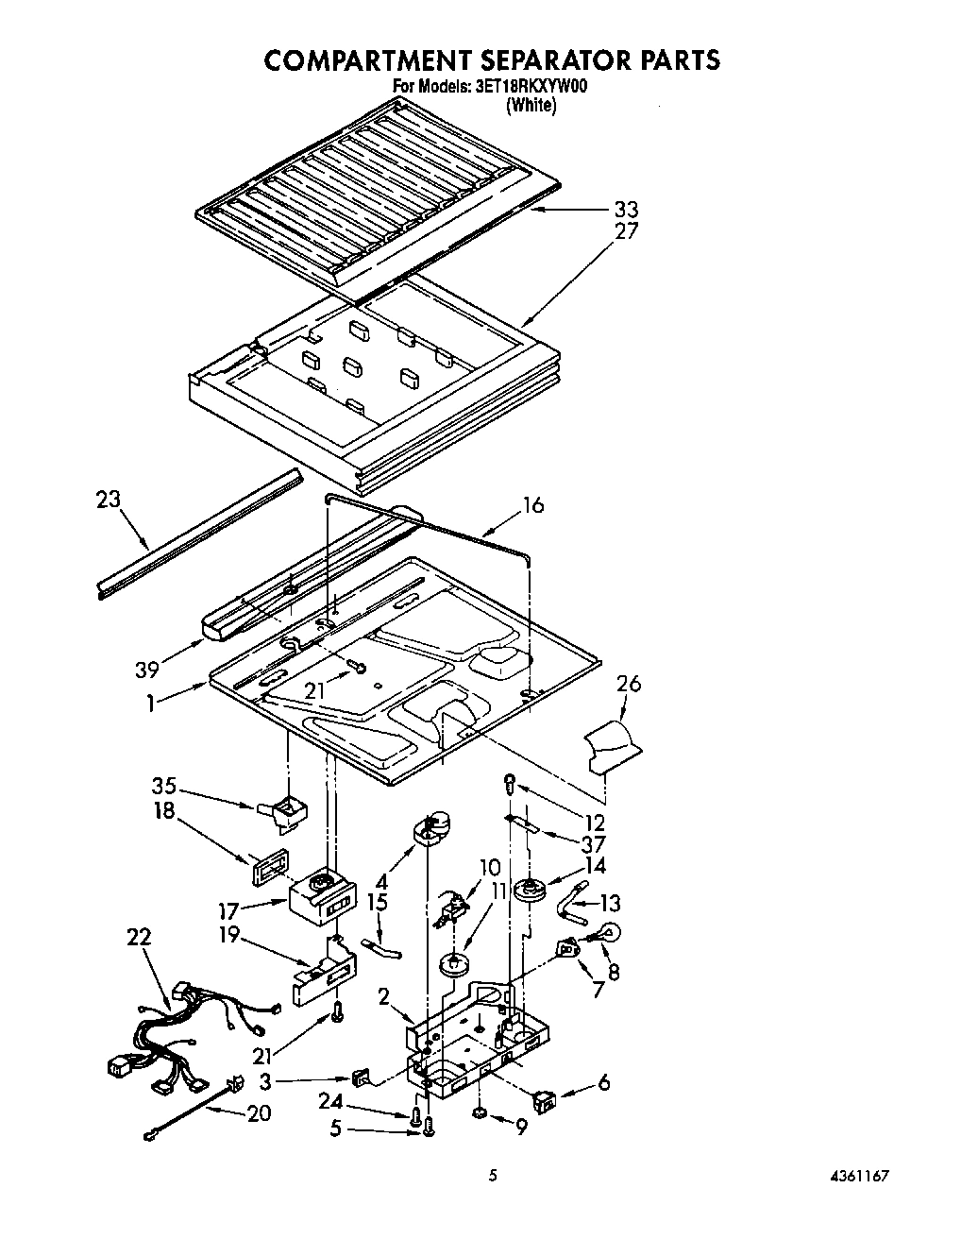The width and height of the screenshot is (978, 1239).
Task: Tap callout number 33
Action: [625, 209]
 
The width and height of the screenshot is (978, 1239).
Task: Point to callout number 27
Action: [625, 231]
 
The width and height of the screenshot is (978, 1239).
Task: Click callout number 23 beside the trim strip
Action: [110, 498]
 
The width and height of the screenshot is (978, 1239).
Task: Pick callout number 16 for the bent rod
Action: [533, 505]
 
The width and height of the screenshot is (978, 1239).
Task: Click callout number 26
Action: [628, 685]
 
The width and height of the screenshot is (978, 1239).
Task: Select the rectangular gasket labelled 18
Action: [266, 866]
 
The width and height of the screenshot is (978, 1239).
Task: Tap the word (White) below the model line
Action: [531, 106]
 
